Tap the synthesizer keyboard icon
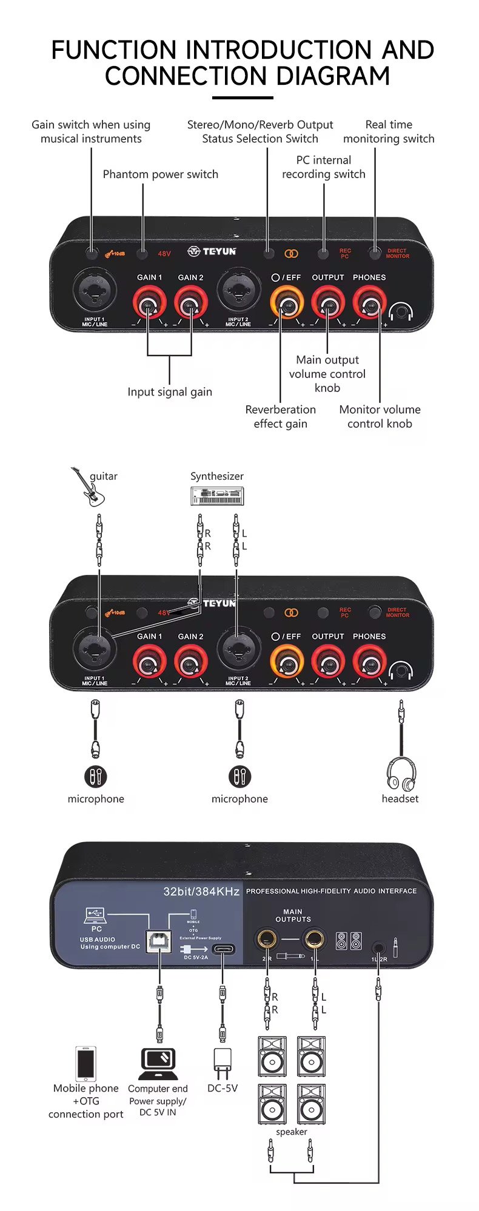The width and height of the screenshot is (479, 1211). point(217,497)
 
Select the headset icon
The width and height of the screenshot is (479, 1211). point(401,774)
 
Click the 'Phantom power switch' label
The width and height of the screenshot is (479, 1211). point(160,174)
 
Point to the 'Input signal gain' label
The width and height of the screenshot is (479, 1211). point(170,392)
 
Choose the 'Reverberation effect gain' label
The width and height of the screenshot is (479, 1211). point(280,417)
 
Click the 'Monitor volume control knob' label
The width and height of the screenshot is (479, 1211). point(380,417)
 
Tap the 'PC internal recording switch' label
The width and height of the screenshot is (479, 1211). point(324,167)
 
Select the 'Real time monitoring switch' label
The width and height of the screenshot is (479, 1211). point(389,131)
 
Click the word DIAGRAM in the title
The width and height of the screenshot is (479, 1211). point(332,76)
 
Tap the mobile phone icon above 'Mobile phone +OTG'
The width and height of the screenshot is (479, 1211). point(86,1064)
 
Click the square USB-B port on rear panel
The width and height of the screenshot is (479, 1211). point(159,941)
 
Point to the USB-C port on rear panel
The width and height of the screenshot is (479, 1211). point(224,949)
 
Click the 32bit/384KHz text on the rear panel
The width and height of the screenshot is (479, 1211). point(201,891)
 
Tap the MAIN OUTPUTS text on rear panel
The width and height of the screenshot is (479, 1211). point(293,915)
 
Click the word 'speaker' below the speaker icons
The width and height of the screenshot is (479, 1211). point(292,1132)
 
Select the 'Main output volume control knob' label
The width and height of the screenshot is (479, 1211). point(327,374)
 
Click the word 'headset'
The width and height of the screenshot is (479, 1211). point(400,798)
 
